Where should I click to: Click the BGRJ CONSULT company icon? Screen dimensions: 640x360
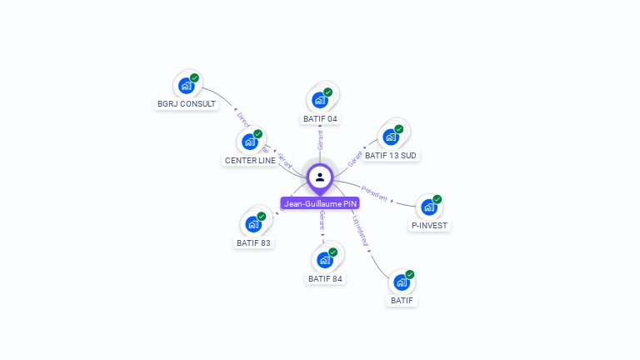point(186,85)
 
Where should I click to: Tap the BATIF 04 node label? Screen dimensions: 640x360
point(320,118)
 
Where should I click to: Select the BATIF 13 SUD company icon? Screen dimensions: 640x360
point(390,137)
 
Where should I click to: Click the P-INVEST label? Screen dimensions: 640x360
point(429,225)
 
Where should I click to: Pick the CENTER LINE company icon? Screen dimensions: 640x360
point(249,142)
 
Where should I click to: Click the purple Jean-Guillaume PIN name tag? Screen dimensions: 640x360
point(320,203)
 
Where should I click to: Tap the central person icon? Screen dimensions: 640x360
point(320,177)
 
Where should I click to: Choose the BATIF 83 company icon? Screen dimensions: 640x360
point(252,224)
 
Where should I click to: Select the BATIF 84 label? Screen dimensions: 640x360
point(325,278)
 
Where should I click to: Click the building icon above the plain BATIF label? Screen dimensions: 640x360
point(401,282)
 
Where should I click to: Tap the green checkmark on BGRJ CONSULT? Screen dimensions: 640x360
point(194,77)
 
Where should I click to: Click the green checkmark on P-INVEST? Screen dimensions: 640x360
point(437,199)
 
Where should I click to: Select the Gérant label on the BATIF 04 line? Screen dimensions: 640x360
point(320,140)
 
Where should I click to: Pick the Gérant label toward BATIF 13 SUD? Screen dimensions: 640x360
point(355,157)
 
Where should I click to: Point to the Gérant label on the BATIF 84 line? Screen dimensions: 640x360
point(322,221)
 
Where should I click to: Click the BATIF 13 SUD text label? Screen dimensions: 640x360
point(391,155)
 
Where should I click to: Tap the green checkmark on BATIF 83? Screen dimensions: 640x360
point(261,217)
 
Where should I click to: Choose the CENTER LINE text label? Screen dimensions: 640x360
point(250,160)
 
